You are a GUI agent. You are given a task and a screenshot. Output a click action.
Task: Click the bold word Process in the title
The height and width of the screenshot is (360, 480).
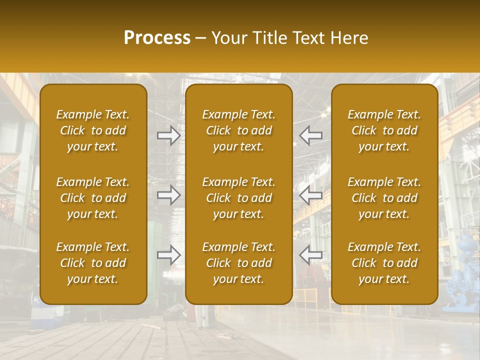[157, 38]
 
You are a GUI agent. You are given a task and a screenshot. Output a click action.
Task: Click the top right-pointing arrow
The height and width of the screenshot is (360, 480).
[169, 135]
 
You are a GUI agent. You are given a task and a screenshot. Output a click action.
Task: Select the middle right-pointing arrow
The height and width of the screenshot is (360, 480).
[169, 194]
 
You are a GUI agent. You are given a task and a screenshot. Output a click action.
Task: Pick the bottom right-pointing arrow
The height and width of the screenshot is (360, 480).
[169, 255]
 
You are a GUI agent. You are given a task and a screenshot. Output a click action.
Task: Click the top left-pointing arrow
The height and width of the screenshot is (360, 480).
[310, 135]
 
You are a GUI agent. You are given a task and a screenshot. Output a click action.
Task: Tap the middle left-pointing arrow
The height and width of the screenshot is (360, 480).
[310, 194]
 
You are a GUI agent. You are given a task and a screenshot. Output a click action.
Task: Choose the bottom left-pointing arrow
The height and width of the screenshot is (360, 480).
[310, 255]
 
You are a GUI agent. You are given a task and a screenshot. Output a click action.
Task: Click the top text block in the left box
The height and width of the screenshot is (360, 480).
[93, 130]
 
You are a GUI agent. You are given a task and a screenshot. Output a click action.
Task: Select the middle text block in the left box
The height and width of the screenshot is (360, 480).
[93, 198]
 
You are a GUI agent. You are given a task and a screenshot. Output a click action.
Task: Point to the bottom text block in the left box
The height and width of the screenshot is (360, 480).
[93, 263]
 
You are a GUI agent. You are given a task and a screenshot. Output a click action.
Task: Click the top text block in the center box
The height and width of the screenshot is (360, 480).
[238, 130]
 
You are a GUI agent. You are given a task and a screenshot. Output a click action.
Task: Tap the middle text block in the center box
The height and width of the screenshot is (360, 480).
[238, 198]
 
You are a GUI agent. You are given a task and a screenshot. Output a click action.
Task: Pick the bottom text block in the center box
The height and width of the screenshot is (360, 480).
[238, 263]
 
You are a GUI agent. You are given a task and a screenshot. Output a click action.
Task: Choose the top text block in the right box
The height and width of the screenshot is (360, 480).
[384, 130]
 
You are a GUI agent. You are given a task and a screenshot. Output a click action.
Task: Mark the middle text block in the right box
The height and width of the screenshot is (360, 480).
[384, 198]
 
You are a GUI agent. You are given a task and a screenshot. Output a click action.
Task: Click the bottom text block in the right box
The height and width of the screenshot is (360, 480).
[384, 263]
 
